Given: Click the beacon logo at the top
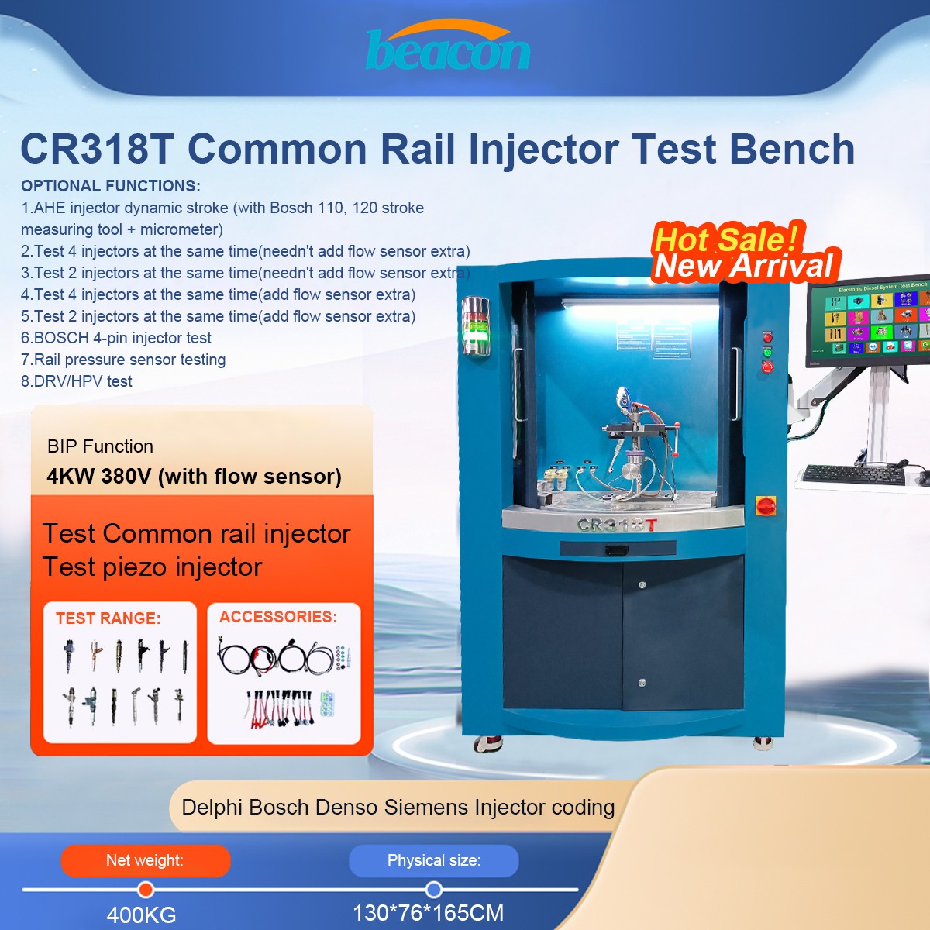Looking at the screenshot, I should pos(448,48).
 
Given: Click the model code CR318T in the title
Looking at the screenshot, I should pos(97,149).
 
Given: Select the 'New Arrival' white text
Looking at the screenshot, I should pos(744,267).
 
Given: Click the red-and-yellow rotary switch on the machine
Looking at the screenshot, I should pos(766,506).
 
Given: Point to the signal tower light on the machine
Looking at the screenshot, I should pos(476,326).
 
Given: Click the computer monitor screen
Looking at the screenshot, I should pos(869,319).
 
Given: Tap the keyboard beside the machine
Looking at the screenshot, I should pos(852,474).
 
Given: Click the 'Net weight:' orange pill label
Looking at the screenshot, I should pos(145,860).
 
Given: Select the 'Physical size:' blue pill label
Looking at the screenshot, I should pos(434,860).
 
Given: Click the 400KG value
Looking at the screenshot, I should pos(141,914).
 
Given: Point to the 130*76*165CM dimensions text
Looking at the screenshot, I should pos(428,913).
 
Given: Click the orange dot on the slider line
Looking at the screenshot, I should pos(146,890).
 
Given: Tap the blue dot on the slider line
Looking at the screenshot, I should pos(434,890).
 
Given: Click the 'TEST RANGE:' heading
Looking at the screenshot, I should pos(108,618).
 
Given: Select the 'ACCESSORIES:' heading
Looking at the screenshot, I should pos(278,617).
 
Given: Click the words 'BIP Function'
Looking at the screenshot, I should pos(100,446).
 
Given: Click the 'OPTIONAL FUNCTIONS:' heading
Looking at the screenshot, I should pos(111,186).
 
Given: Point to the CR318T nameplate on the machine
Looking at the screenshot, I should pos(617,525).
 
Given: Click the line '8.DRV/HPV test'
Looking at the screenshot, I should pos(77,381).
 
